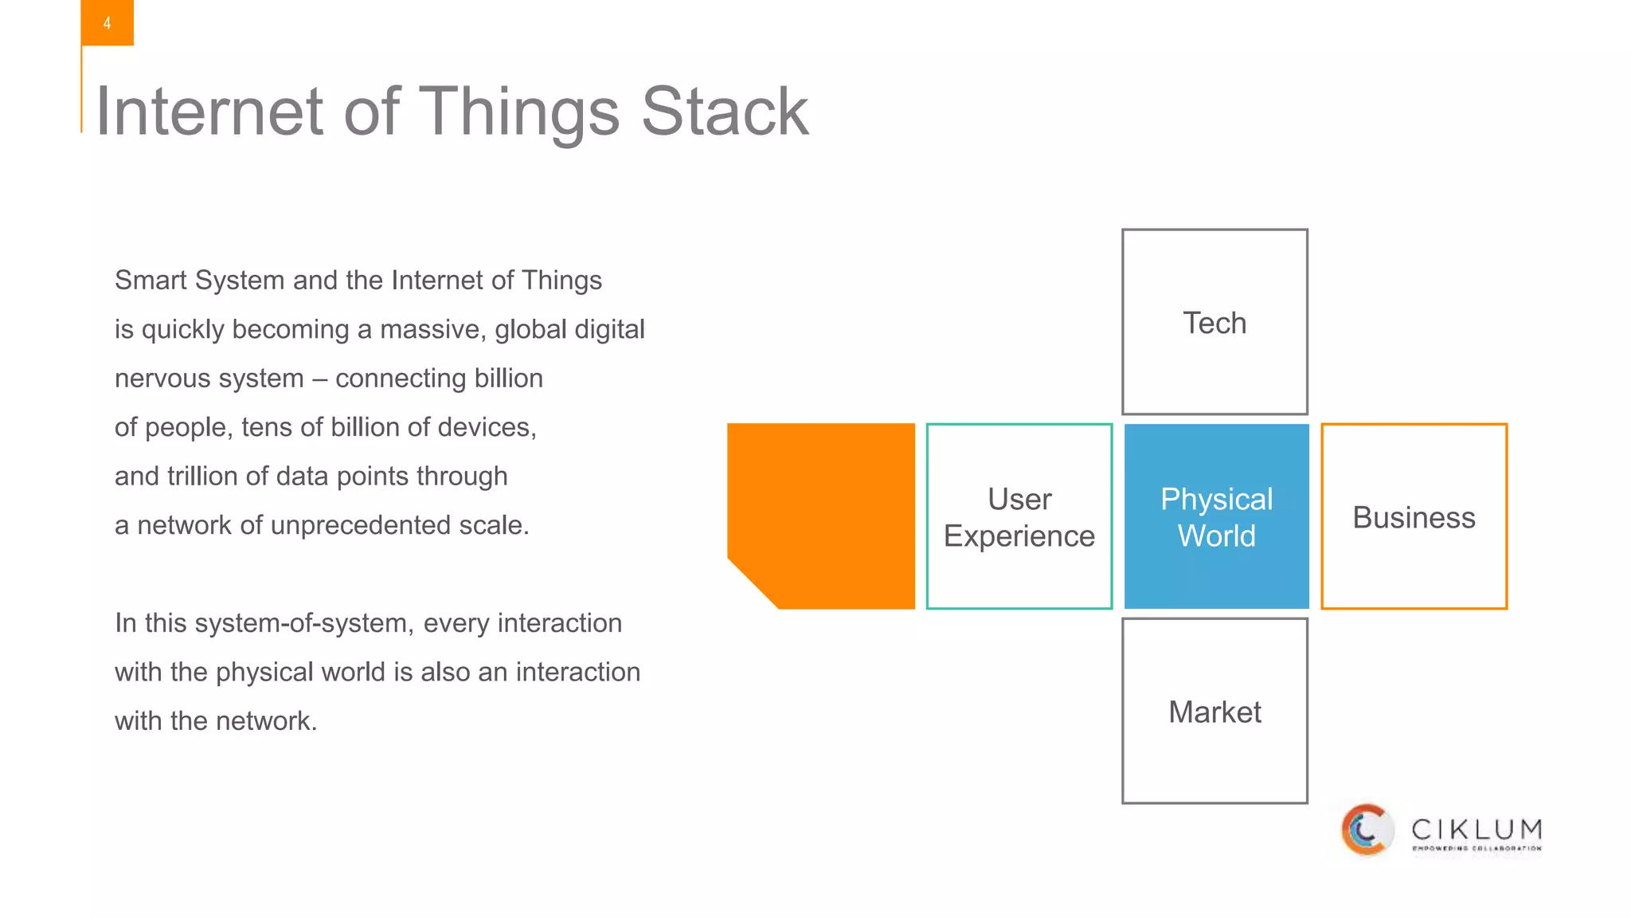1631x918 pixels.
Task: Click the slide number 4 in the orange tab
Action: pos(107,23)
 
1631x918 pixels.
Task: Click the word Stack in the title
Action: pos(724,112)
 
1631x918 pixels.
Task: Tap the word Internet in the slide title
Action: pos(209,112)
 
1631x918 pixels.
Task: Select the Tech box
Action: pos(1214,322)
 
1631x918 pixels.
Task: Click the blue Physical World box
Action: pos(1216,516)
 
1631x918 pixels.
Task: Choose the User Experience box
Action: pos(1019,516)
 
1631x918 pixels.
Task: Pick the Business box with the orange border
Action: pos(1414,516)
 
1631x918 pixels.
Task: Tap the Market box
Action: pos(1214,711)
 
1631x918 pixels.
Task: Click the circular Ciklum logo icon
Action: pos(1367,830)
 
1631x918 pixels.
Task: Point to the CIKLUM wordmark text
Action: pos(1477,830)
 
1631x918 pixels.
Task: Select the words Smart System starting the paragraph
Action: pos(199,280)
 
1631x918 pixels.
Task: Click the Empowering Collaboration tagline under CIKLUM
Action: pos(1477,849)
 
